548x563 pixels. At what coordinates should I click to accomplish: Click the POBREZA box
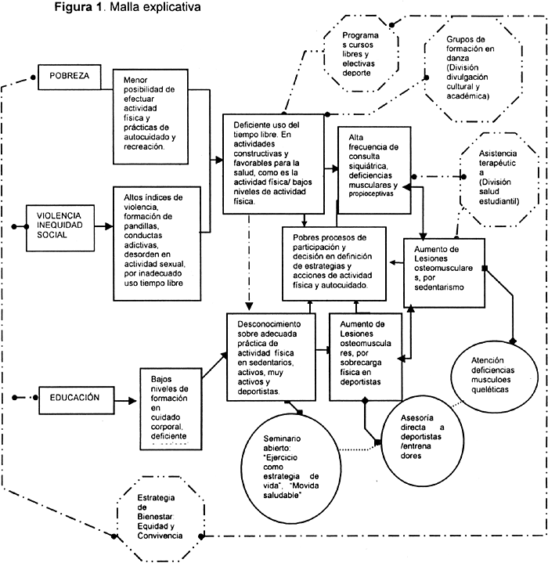point(70,77)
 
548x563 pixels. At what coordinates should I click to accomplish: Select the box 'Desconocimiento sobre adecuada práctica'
point(270,357)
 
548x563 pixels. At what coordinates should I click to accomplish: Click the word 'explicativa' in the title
point(170,9)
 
